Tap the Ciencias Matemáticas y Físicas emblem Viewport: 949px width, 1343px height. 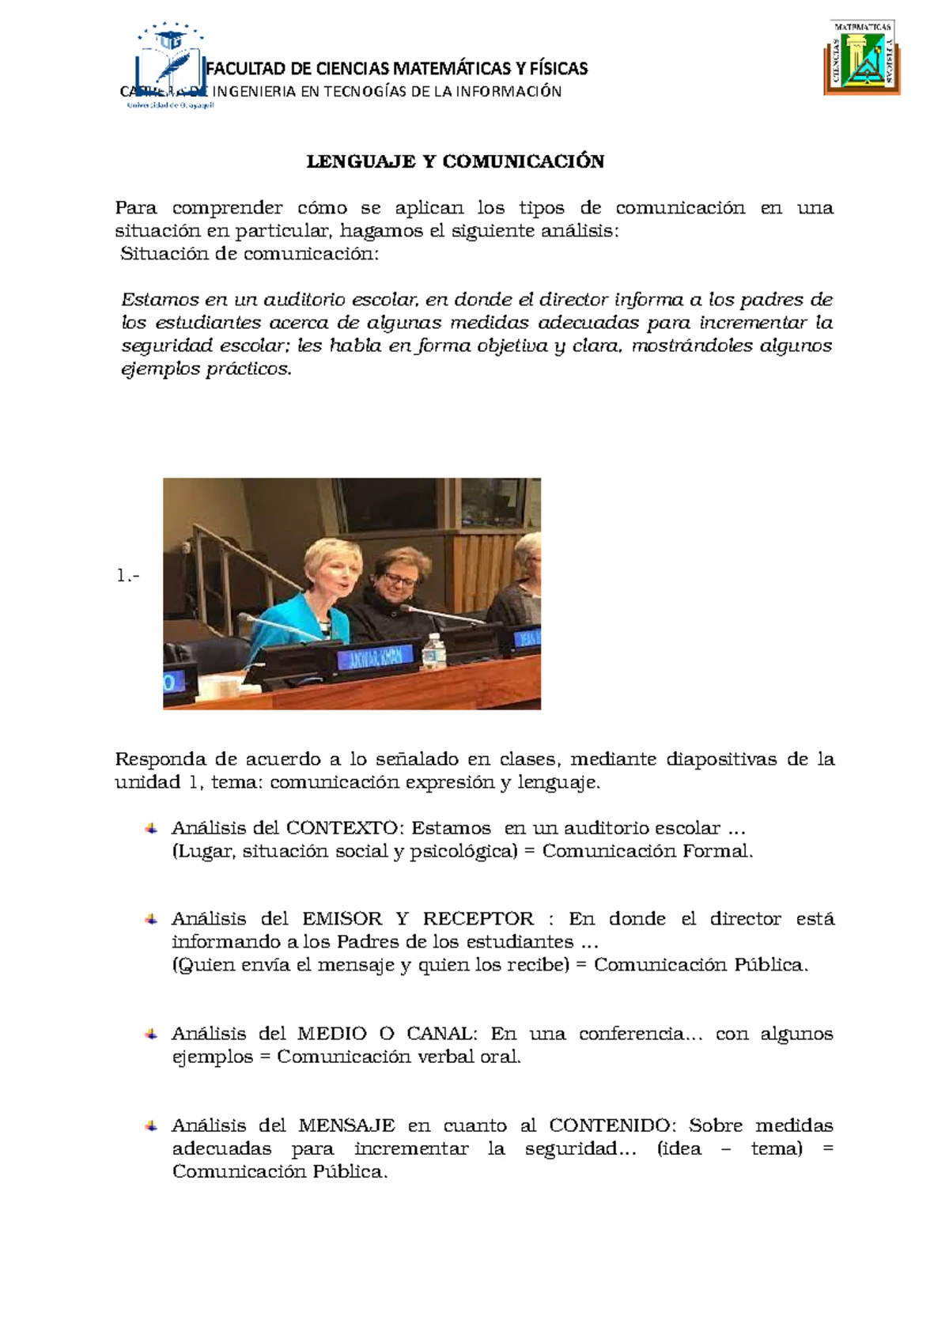863,57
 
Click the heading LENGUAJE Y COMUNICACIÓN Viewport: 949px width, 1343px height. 455,162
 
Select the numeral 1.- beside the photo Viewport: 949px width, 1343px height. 127,577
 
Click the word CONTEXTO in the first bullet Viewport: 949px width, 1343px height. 345,828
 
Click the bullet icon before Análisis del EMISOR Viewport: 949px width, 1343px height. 150,919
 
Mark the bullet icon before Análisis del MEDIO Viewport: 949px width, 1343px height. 150,1034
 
